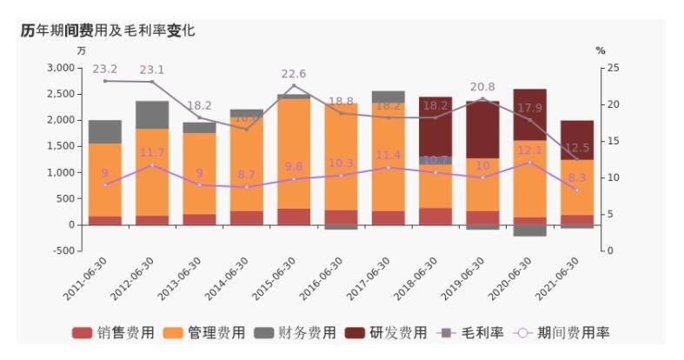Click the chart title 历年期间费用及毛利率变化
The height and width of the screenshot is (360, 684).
coord(108,30)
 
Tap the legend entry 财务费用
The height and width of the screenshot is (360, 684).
coord(295,333)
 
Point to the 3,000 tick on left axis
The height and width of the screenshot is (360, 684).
coord(60,68)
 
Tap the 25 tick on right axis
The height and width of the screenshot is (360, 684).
coord(613,68)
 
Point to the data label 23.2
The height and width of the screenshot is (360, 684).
coord(105,68)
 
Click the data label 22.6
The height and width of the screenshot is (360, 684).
coord(294,74)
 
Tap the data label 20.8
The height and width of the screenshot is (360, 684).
coord(482,87)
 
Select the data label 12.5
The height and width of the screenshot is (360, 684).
coord(576,148)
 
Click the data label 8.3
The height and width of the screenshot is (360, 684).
coord(576,177)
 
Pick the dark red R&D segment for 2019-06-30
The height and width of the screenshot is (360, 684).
coord(482,130)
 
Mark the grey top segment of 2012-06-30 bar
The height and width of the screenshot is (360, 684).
coord(152,115)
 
